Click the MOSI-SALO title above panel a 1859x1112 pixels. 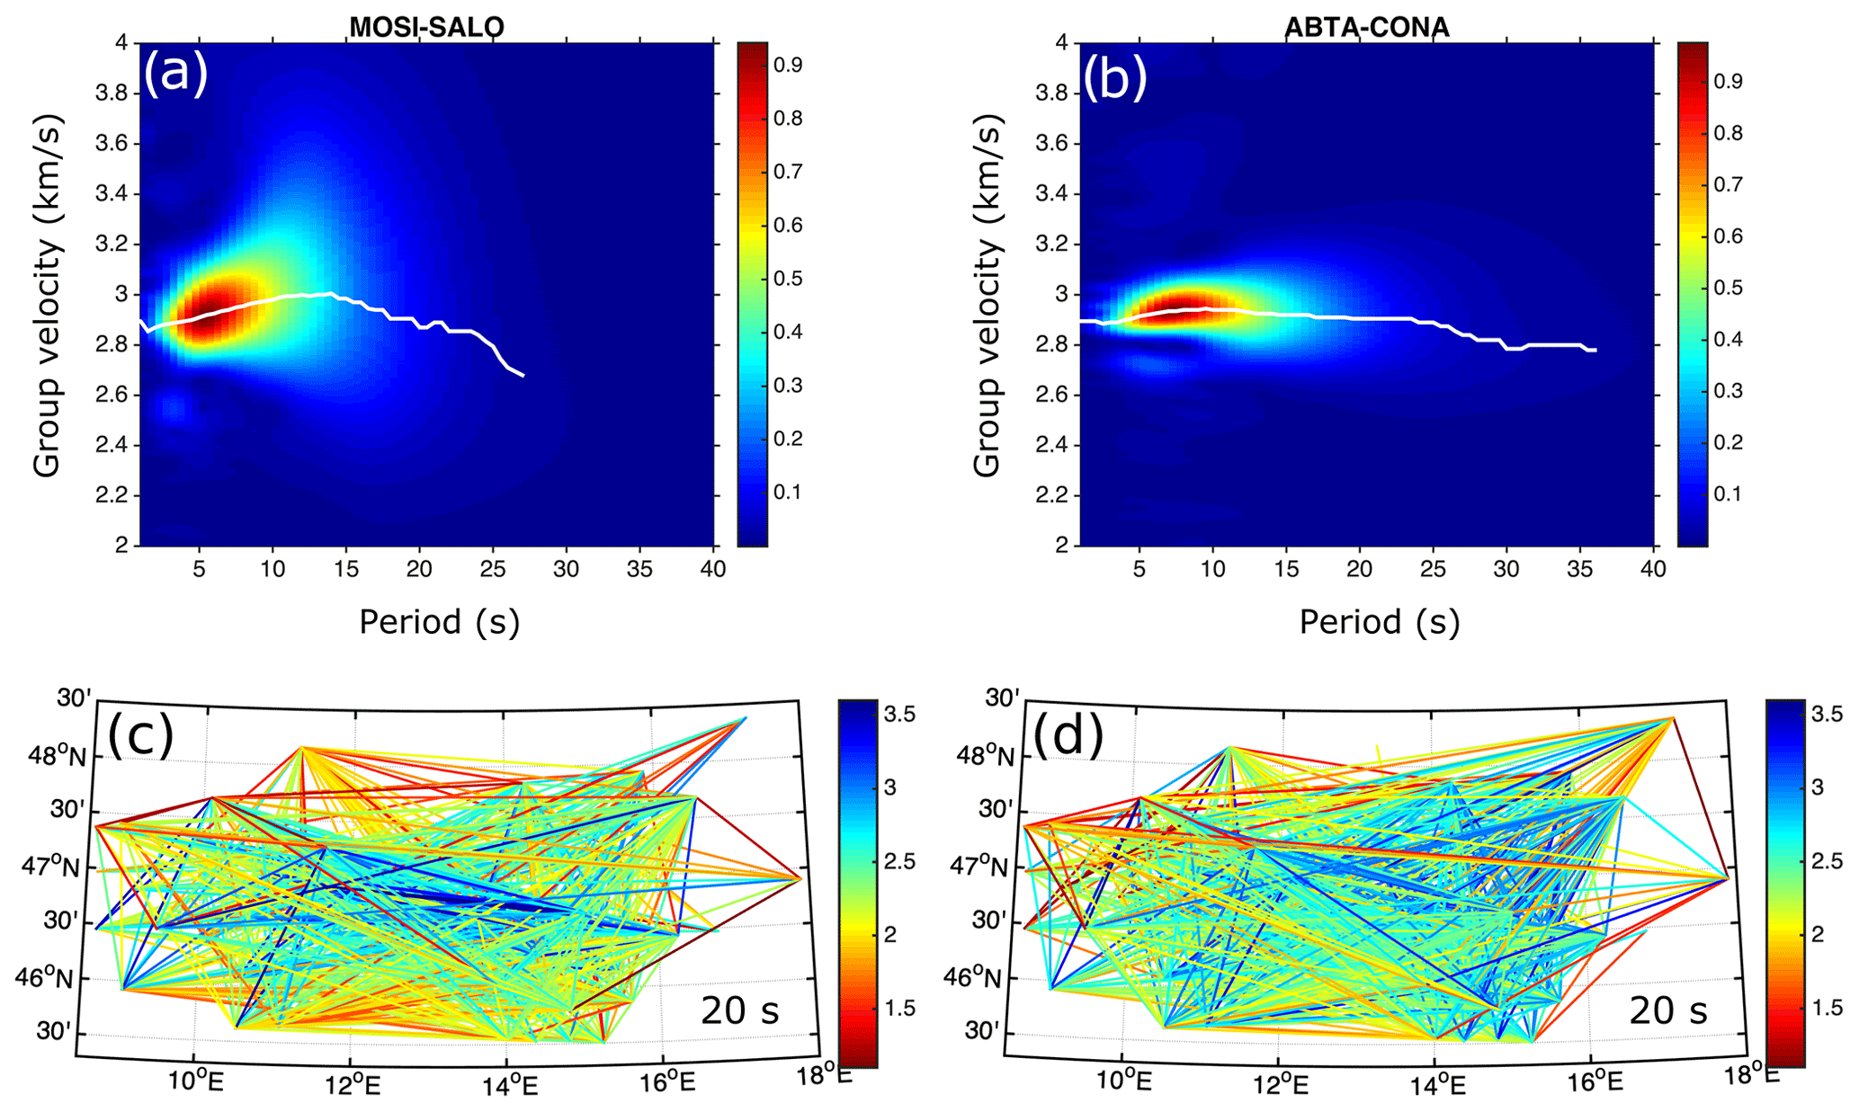[426, 28]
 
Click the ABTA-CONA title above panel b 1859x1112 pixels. [1366, 28]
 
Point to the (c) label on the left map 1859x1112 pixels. [140, 736]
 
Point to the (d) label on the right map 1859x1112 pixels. [1068, 736]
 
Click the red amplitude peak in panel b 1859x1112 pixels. [1169, 310]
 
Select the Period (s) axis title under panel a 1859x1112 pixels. [439, 622]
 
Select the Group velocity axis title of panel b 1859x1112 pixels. [987, 295]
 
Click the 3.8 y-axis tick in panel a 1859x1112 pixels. [116, 93]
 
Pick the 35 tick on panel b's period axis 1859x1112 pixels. [1579, 569]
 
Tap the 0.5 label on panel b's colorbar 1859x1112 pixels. [1728, 288]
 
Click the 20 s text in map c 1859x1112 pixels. [740, 1011]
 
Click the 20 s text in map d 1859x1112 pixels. [1668, 1011]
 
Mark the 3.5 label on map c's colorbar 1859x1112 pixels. [899, 715]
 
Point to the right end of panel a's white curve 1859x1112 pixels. [523, 375]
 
